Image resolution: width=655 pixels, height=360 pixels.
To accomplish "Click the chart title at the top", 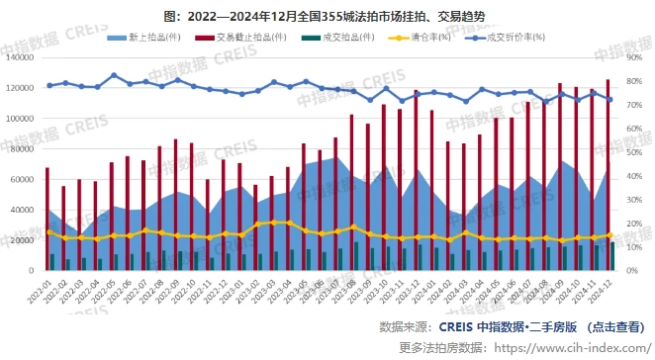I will (327, 17).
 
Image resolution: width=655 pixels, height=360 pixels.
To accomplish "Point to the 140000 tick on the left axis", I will (19, 56).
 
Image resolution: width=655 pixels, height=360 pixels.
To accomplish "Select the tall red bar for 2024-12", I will (608, 168).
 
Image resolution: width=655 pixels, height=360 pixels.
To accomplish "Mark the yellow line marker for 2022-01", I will (48, 232).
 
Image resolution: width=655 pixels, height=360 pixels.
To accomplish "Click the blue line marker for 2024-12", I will (609, 99).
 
